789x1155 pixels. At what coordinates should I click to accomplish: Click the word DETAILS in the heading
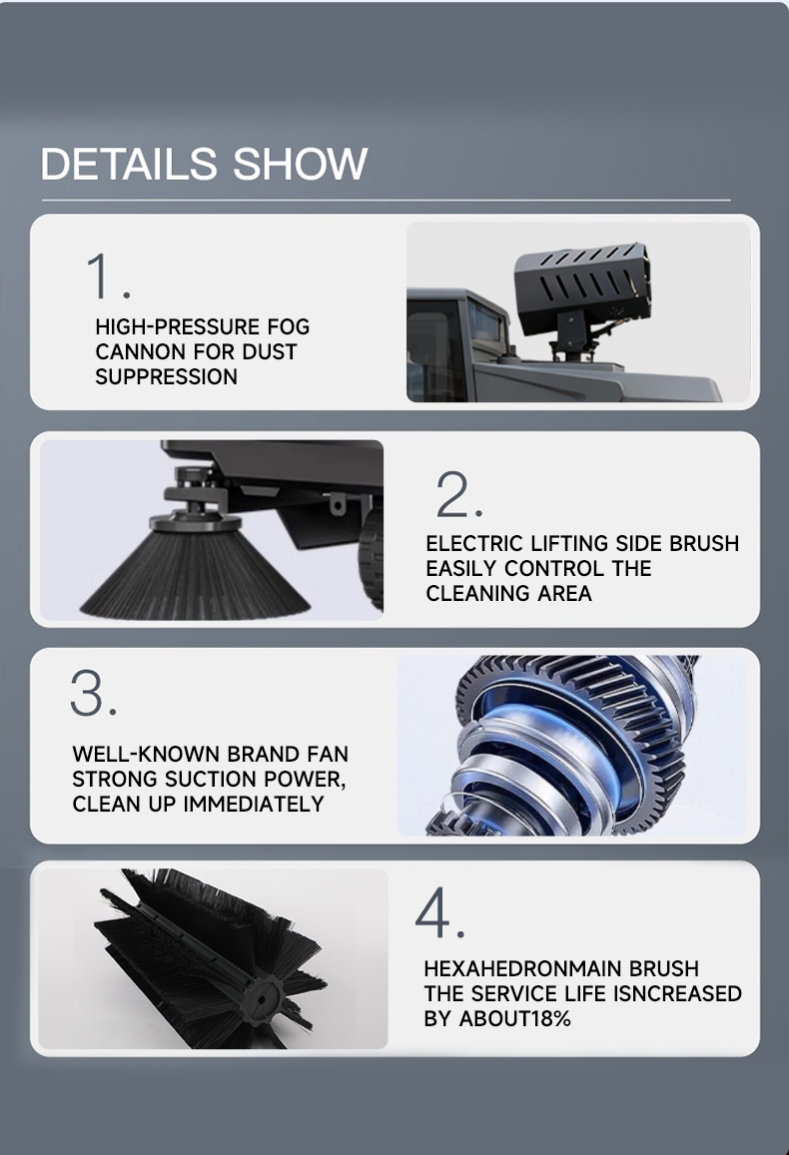[129, 164]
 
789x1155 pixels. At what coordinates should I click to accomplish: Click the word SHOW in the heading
[300, 164]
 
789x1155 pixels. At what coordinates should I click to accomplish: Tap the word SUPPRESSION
[167, 377]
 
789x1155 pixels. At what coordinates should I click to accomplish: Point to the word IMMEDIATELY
[254, 804]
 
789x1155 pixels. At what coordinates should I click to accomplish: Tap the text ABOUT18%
[515, 1018]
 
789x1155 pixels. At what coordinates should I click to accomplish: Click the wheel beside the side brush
[372, 560]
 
